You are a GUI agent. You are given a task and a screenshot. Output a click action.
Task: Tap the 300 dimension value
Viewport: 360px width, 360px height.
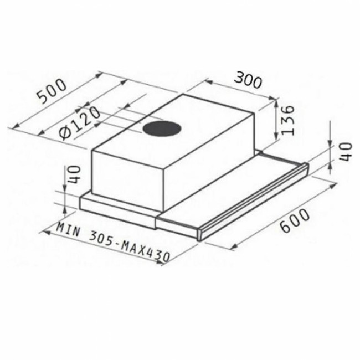pos(247,81)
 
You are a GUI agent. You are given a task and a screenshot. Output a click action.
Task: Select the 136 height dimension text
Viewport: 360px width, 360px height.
pos(287,120)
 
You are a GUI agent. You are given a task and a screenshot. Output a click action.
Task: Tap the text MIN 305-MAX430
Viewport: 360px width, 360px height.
pos(113,242)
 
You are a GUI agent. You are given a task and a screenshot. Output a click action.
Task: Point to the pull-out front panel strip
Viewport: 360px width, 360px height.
pos(255,203)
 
